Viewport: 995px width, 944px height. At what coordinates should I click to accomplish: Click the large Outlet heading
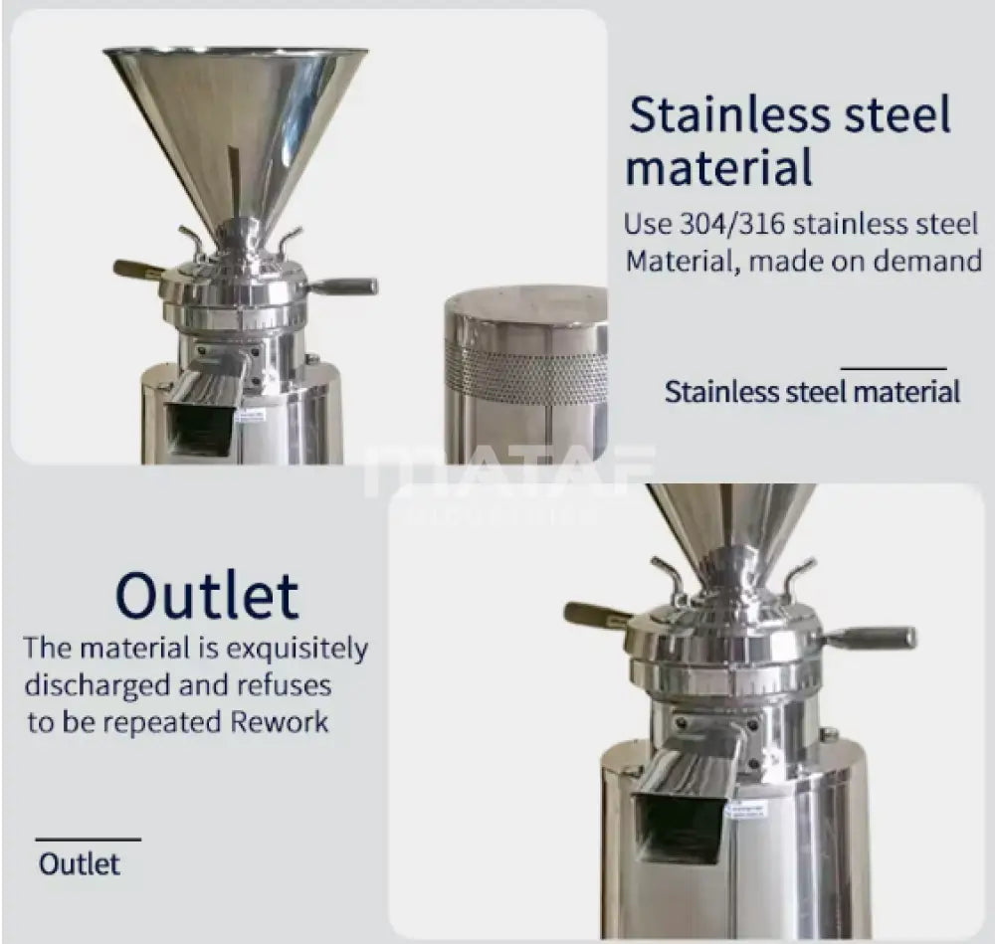pyautogui.click(x=207, y=596)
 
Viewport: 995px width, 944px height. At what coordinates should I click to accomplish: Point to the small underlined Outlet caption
pyautogui.click(x=80, y=863)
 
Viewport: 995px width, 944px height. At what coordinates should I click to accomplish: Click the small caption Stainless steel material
pyautogui.click(x=812, y=391)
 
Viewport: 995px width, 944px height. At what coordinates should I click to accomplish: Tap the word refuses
pyautogui.click(x=285, y=685)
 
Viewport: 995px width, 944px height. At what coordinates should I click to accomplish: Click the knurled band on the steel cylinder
pyautogui.click(x=525, y=376)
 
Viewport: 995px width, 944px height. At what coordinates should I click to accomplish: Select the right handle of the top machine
pyautogui.click(x=343, y=286)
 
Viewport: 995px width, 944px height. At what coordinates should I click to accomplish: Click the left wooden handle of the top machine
pyautogui.click(x=137, y=269)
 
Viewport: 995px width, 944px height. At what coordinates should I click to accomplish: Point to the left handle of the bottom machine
pyautogui.click(x=597, y=615)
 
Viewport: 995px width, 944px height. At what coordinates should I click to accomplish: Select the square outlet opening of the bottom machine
pyautogui.click(x=680, y=828)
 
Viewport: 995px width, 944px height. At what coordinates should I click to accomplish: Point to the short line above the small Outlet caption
pyautogui.click(x=88, y=840)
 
